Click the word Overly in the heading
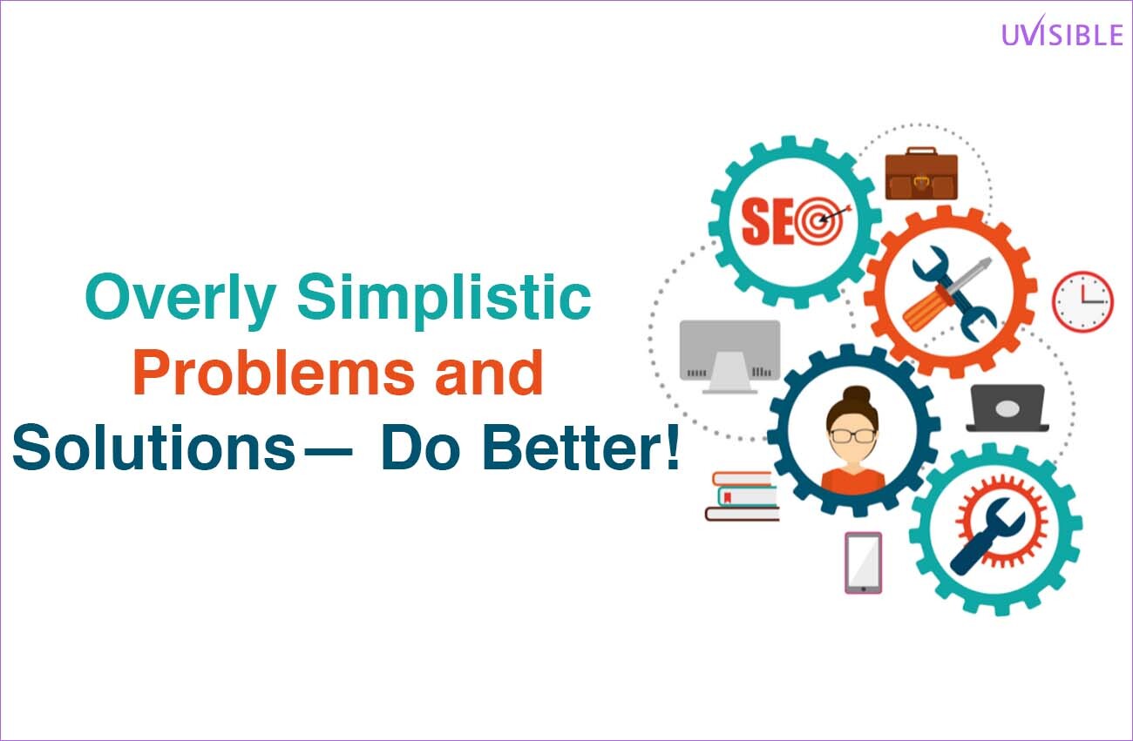coord(180,300)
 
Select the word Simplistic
coord(444,300)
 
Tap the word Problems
coord(274,373)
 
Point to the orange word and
coord(489,373)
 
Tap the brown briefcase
coord(921,173)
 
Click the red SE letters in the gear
coord(767,221)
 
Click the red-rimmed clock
coord(1083,302)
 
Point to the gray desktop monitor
coord(729,356)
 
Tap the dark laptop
coord(1007,408)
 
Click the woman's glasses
coord(852,435)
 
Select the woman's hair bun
coord(856,396)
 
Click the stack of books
coord(743,496)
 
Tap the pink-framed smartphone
coord(864,562)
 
